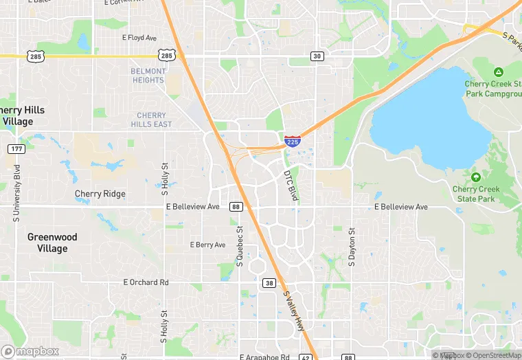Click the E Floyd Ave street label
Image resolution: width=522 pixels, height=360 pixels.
[139, 38]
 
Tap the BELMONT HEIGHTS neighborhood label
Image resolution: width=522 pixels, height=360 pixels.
[148, 76]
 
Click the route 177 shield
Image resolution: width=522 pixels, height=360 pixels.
[16, 149]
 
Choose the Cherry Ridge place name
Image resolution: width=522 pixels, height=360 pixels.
[100, 194]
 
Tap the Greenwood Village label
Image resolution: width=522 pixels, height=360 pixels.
[52, 242]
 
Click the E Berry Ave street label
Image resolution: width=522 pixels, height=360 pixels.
[207, 245]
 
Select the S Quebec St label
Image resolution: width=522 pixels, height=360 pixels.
[240, 247]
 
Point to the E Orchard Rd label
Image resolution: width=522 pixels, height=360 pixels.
[146, 282]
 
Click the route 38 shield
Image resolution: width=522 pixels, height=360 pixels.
[269, 282]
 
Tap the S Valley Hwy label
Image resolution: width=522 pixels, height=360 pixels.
[294, 311]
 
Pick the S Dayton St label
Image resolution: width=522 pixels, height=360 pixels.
[352, 247]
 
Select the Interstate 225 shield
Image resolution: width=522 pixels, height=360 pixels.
[293, 141]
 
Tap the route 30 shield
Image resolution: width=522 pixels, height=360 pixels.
[317, 56]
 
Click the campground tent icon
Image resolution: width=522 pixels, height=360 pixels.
[498, 72]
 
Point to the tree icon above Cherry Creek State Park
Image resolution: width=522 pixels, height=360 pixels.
[475, 177]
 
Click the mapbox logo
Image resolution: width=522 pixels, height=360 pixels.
[30, 351]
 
